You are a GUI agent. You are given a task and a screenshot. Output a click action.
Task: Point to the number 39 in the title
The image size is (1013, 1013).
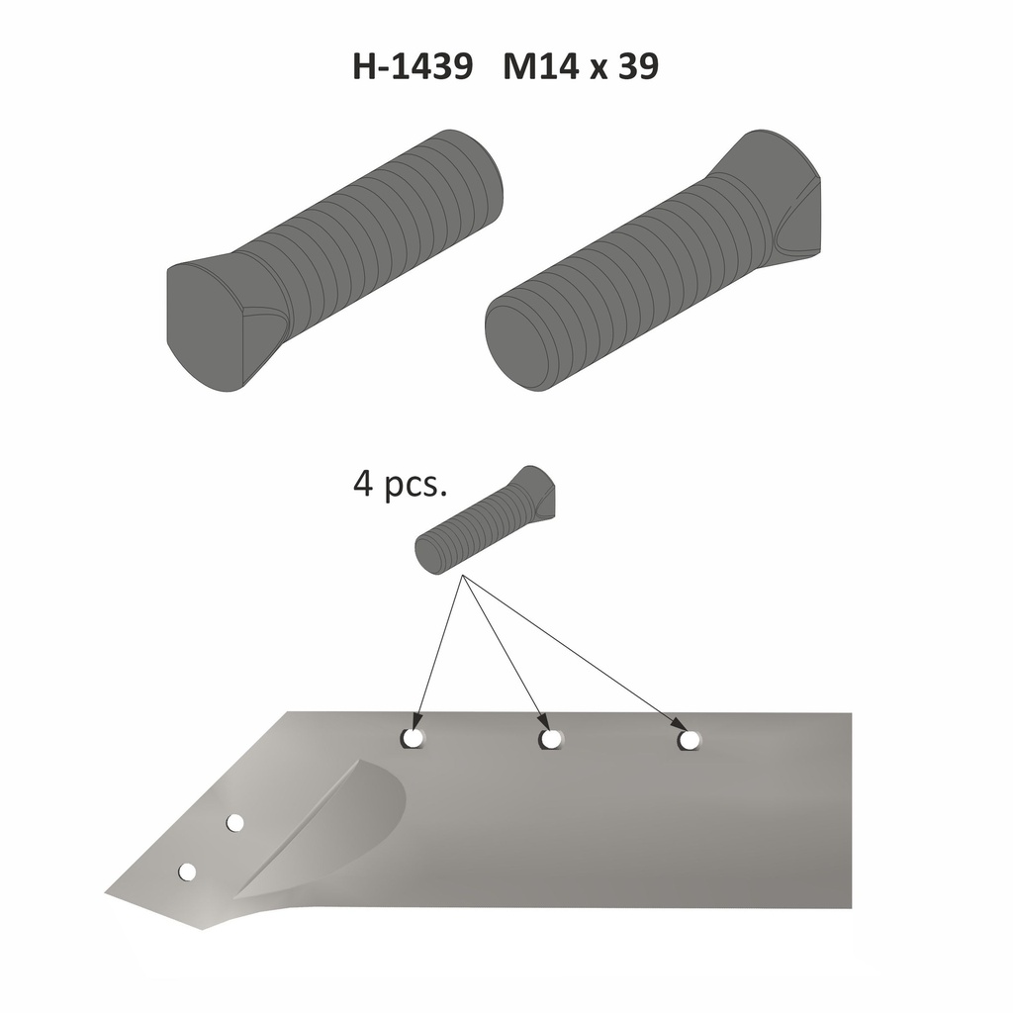coord(635,67)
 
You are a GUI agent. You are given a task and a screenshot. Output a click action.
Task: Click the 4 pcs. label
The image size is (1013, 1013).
coord(401,486)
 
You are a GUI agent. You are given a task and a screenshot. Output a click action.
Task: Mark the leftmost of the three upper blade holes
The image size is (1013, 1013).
coord(414,738)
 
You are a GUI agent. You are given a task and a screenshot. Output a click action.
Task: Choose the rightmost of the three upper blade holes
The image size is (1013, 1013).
coord(689,739)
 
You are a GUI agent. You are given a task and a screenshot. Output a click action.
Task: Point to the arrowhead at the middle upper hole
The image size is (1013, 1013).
coord(540,721)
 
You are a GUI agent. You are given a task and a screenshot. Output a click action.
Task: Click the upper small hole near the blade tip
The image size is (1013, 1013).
coord(235,822)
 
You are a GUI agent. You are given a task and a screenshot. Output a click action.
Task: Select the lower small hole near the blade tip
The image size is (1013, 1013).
coord(187,872)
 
